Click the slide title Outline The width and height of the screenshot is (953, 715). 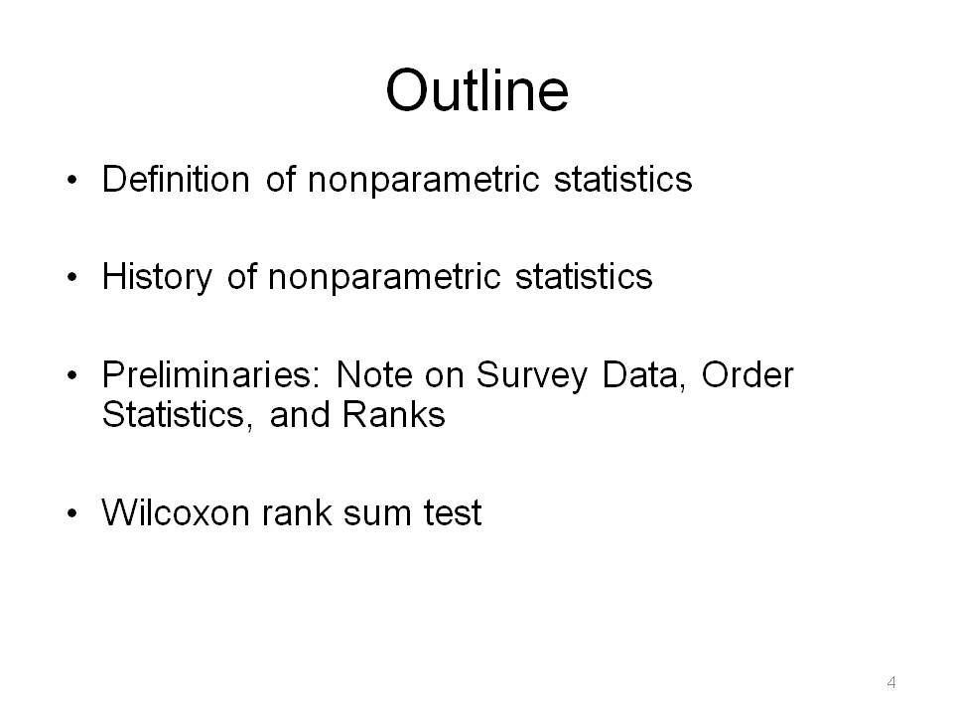pos(477,90)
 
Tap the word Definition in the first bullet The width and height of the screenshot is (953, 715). pos(176,180)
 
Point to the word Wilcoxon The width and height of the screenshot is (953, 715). pos(176,512)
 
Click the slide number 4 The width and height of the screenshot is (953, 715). pos(891,682)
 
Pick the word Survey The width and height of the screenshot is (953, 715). pos(532,375)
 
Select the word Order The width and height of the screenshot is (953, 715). pos(748,374)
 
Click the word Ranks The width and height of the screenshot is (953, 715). pos(394,415)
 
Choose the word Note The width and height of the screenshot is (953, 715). pos(372,374)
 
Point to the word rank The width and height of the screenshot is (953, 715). pos(297,512)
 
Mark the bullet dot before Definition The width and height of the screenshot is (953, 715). pos(72,181)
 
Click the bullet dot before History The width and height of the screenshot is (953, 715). pos(72,278)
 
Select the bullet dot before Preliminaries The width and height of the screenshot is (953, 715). pos(72,375)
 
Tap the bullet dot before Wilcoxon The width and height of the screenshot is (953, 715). pos(72,513)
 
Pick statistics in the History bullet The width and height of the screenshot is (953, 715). pos(584,278)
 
